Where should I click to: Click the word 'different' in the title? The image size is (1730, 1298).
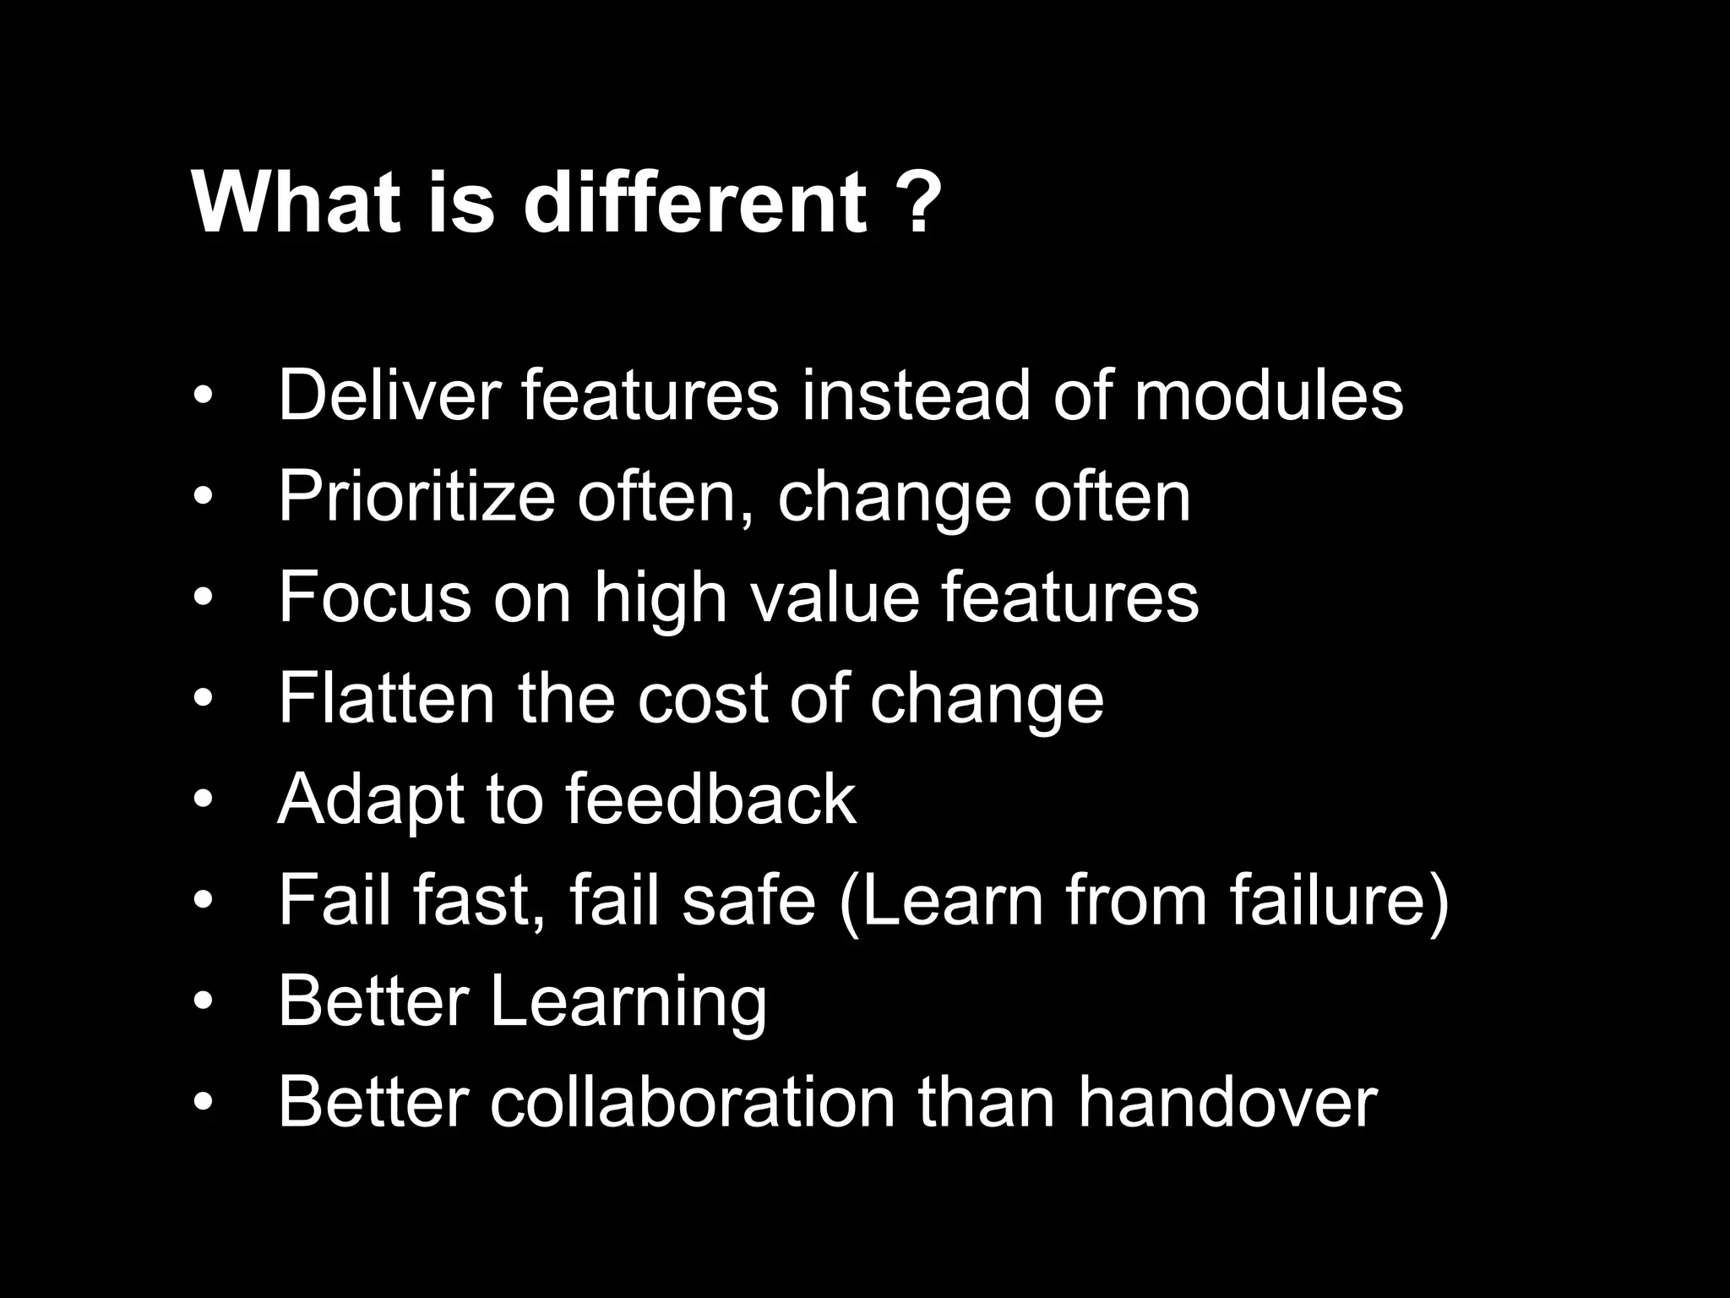(694, 203)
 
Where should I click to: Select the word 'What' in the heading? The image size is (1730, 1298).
(296, 203)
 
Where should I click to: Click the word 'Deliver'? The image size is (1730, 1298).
(389, 395)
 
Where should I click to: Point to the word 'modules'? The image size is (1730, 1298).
(1268, 395)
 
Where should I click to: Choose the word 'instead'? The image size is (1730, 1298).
(916, 395)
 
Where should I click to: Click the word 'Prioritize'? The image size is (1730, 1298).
(416, 496)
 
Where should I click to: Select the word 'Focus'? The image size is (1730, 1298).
(374, 597)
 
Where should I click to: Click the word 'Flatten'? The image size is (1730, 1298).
(386, 698)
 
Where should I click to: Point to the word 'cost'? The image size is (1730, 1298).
(702, 698)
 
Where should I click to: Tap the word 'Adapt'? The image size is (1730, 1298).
(370, 799)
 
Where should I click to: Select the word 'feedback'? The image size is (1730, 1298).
(710, 799)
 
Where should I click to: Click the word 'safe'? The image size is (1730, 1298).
(748, 901)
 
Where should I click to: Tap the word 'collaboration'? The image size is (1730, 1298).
(693, 1103)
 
